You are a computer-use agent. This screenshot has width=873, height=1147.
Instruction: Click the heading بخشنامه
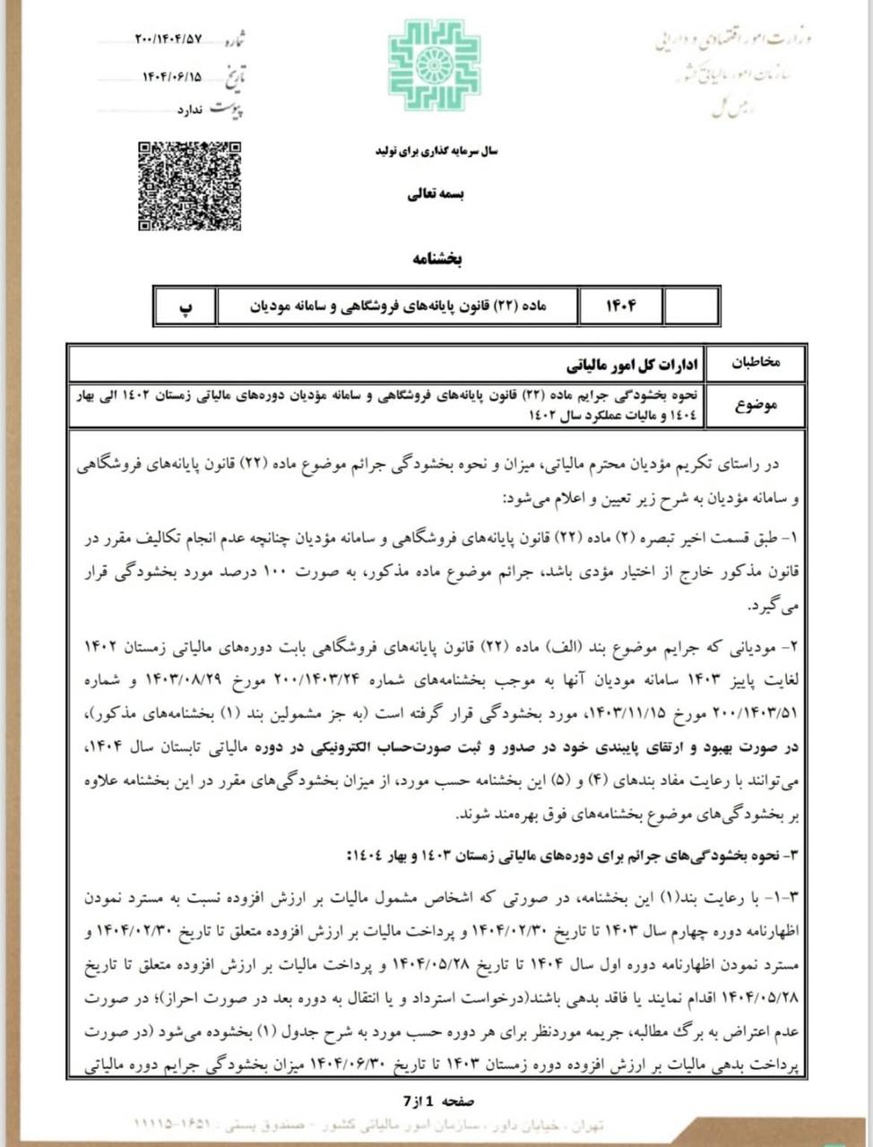coord(436,259)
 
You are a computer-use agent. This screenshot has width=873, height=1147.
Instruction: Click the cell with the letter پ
coord(186,306)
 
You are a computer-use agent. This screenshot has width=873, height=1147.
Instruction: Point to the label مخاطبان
coord(757,363)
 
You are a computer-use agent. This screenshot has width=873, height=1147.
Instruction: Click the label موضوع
coord(757,404)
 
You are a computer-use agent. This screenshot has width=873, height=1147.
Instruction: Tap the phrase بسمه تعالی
coord(436,194)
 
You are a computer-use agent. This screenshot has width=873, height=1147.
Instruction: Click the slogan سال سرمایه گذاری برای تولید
coord(436,151)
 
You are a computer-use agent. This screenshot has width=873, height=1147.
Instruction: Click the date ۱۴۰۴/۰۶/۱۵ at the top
coord(172,77)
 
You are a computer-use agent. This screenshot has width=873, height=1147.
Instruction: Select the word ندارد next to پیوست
coord(193,110)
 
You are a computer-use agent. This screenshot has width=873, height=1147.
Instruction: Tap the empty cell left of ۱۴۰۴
coord(691,306)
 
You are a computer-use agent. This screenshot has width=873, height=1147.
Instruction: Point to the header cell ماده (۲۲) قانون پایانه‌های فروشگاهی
coord(397,306)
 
